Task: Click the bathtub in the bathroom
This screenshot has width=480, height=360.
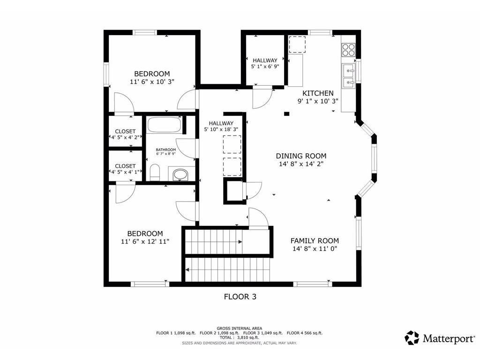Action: (x=164, y=125)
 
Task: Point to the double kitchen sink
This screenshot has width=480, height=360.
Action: (x=348, y=76)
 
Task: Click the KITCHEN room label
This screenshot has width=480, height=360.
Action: (x=318, y=93)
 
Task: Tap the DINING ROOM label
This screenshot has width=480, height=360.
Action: (x=301, y=156)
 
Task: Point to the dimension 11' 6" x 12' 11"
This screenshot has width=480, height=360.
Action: (x=146, y=241)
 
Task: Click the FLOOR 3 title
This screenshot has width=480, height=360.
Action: (x=240, y=296)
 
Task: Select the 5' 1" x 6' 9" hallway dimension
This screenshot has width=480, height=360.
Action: (x=265, y=67)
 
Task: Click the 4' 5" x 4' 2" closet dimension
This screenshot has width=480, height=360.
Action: (x=125, y=137)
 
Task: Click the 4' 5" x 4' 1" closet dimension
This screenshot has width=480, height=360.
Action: (x=125, y=172)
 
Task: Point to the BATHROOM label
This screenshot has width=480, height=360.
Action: (x=166, y=150)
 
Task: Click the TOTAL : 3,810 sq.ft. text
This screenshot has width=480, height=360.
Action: (x=240, y=337)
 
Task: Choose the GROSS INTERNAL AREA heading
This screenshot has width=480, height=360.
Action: (x=240, y=328)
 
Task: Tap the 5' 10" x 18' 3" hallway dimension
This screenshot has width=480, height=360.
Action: (x=221, y=129)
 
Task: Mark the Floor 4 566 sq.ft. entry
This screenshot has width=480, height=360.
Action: (x=305, y=333)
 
